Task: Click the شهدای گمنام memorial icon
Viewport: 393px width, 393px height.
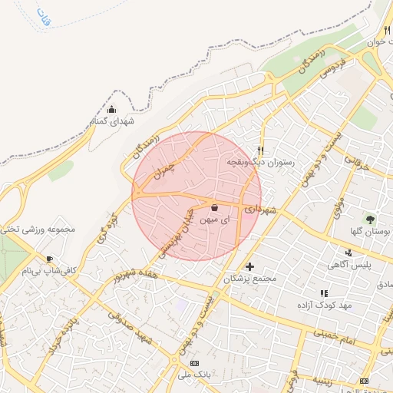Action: (112, 109)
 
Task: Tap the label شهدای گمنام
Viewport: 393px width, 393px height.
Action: (112, 121)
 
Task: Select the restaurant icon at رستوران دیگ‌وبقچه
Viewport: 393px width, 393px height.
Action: (261, 150)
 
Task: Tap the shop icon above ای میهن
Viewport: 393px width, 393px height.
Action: (213, 208)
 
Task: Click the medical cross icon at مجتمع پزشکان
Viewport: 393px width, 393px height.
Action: (249, 266)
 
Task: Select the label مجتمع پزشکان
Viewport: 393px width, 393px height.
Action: (249, 279)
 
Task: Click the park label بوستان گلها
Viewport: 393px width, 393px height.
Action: (362, 232)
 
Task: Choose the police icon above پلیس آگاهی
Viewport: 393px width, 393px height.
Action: (349, 253)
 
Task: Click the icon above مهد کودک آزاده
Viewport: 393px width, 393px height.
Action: (323, 293)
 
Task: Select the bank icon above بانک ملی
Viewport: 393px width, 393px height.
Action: (193, 362)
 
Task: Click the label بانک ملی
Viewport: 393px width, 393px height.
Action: (193, 375)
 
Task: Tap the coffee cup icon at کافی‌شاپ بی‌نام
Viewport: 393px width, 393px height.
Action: (50, 259)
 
